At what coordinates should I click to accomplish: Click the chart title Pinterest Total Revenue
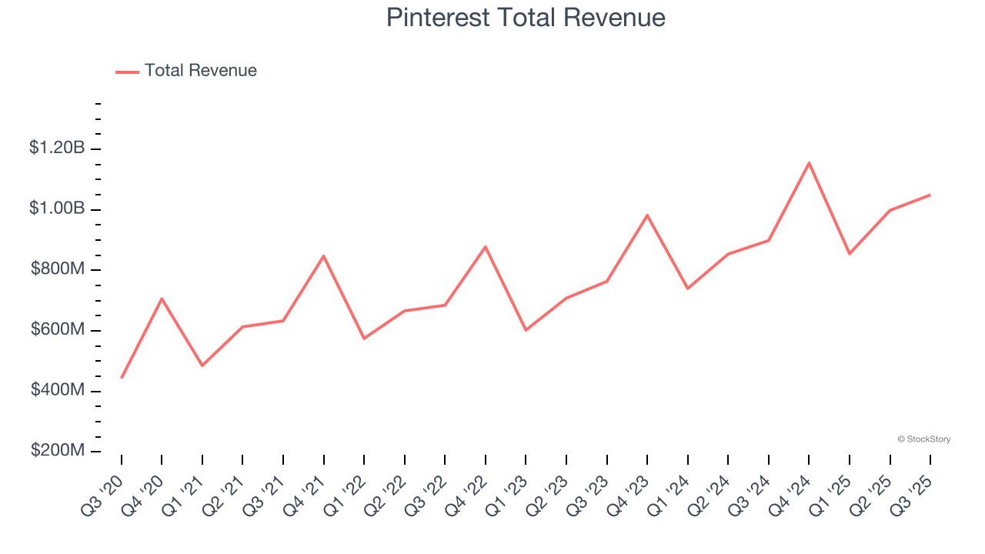(526, 18)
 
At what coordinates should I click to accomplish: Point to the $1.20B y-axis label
(57, 148)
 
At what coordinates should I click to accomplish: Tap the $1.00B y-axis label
(57, 209)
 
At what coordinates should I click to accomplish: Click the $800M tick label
(58, 269)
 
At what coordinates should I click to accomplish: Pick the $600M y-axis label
(58, 329)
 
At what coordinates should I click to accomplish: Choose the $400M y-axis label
(58, 390)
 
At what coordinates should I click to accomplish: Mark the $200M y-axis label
(58, 451)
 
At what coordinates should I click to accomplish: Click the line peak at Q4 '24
(809, 162)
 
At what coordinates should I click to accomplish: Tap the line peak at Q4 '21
(323, 255)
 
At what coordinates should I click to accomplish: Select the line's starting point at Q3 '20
(122, 378)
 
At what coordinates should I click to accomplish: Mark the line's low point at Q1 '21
(202, 365)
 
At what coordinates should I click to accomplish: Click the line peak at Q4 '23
(647, 215)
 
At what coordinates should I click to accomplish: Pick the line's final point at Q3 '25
(930, 195)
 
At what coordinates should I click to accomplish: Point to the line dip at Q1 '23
(526, 330)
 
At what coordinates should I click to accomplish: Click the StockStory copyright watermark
(923, 439)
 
